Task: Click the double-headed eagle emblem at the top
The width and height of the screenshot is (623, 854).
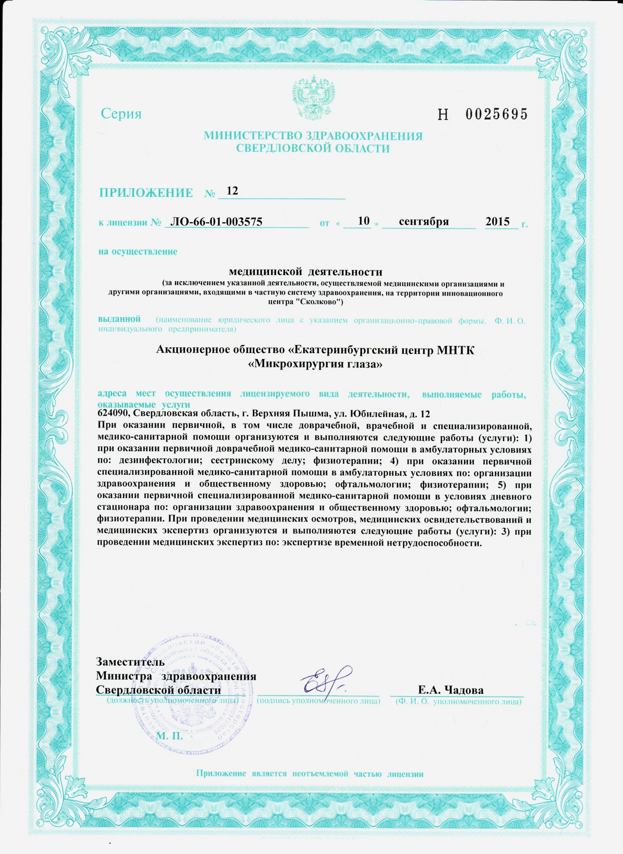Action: [314, 98]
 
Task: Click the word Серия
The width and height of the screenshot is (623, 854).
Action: [121, 114]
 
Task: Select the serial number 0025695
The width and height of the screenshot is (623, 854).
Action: [496, 114]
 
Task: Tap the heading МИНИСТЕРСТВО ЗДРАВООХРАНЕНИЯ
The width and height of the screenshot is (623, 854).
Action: [313, 136]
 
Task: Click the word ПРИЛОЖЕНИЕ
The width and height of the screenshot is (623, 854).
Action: [146, 193]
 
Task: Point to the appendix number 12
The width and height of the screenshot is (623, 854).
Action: [232, 191]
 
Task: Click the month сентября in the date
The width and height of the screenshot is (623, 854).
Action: [424, 221]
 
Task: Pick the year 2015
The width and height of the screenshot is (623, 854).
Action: [498, 222]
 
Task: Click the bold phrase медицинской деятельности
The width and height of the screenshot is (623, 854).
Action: [306, 272]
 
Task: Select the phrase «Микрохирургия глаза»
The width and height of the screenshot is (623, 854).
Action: [316, 364]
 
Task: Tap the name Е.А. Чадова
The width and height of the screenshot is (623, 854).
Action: [450, 690]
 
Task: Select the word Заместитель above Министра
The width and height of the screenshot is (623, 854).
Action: [130, 662]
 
